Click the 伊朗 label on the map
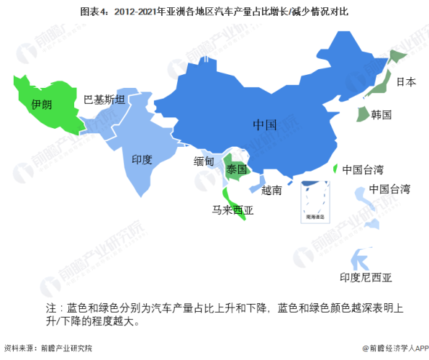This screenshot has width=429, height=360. click(41, 104)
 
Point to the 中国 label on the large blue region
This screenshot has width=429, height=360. click(264, 125)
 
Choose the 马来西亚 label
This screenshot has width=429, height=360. click(232, 211)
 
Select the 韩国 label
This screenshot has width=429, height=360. click(381, 114)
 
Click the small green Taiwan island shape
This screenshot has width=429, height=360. click(336, 168)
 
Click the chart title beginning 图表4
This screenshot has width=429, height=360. click(214, 10)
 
